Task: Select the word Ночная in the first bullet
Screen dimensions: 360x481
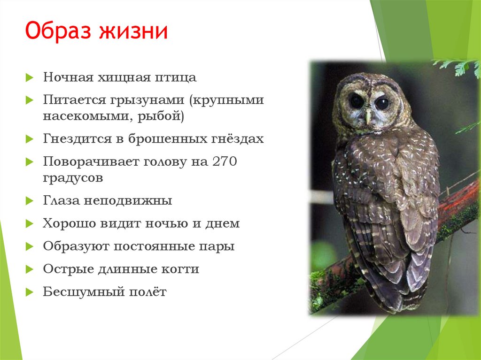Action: [68, 77]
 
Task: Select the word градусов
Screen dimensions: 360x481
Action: [73, 178]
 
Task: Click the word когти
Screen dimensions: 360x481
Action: [179, 269]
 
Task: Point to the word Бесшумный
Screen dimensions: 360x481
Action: [83, 292]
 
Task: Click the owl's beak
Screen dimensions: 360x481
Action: [368, 115]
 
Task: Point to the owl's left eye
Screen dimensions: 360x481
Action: [356, 101]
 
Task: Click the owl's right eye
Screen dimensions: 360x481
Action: [381, 103]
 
